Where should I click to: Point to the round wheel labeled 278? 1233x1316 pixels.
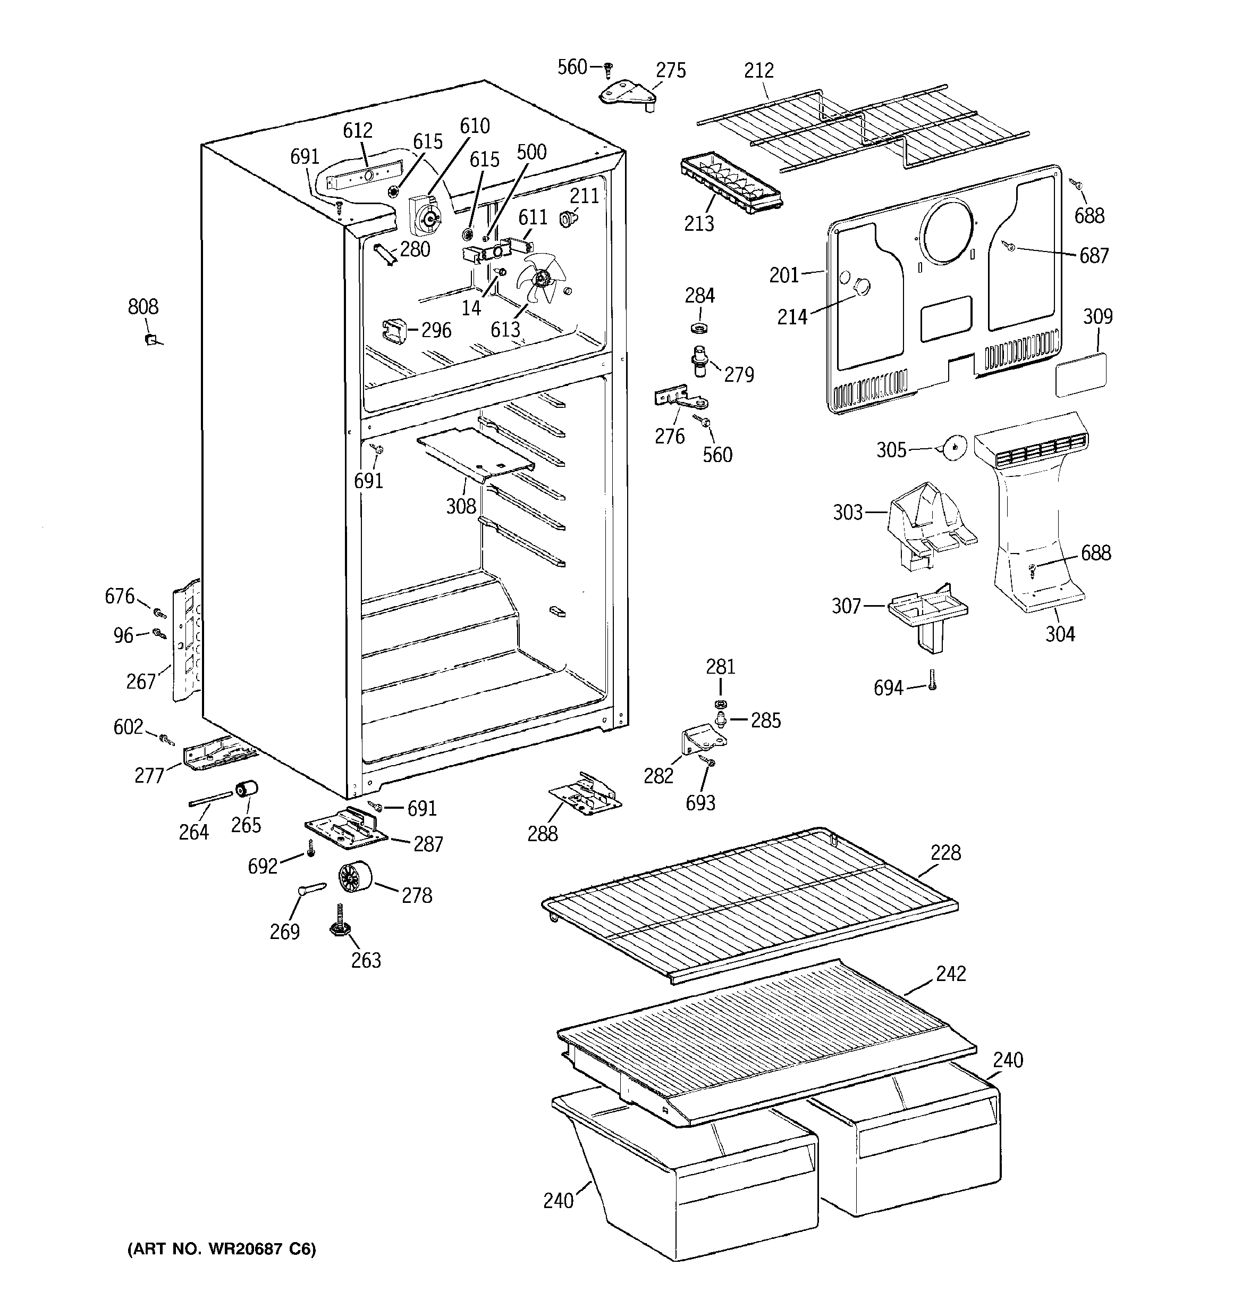(354, 878)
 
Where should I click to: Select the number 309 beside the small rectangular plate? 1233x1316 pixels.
(1097, 316)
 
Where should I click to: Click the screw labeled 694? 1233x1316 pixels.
(932, 680)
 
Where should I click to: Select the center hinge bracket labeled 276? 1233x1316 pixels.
(682, 399)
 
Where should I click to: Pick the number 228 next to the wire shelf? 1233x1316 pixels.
(945, 853)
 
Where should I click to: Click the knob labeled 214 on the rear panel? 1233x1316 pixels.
(860, 287)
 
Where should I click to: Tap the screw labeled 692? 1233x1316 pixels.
(310, 848)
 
